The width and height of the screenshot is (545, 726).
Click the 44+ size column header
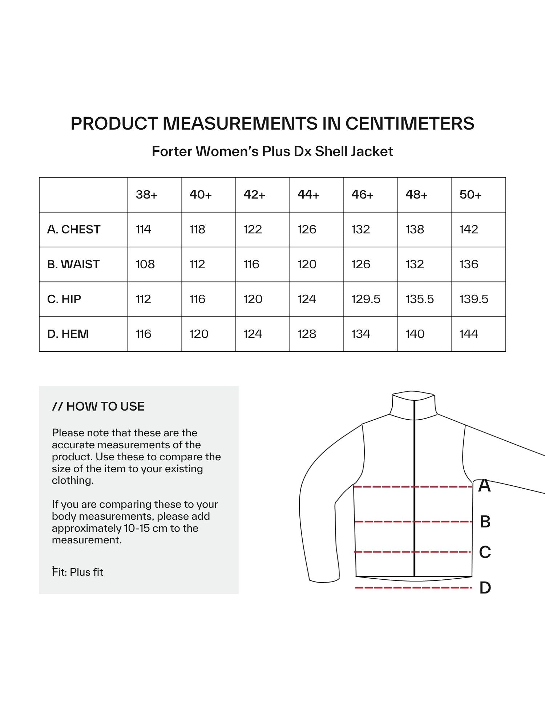coord(308,195)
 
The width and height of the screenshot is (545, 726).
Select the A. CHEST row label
coord(74,229)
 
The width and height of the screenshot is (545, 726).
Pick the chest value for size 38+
coord(143,229)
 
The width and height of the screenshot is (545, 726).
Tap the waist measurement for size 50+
coord(469,264)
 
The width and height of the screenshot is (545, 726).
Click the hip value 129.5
coord(366,299)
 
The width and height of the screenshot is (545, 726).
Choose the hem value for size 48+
coord(415,334)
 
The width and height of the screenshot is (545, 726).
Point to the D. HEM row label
coord(68,334)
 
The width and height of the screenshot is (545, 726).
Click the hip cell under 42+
coord(253,299)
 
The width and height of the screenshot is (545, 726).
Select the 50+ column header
coord(470,195)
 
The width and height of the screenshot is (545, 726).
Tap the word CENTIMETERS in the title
coord(409,123)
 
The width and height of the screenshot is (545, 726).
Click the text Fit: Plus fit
coord(77,572)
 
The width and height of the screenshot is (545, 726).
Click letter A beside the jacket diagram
coord(484,486)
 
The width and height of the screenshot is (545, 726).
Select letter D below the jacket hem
coord(485,588)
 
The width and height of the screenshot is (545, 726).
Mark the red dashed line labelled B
coord(385,522)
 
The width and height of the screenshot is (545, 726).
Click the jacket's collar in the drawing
coord(413,405)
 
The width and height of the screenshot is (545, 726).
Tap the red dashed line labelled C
coord(385,552)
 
